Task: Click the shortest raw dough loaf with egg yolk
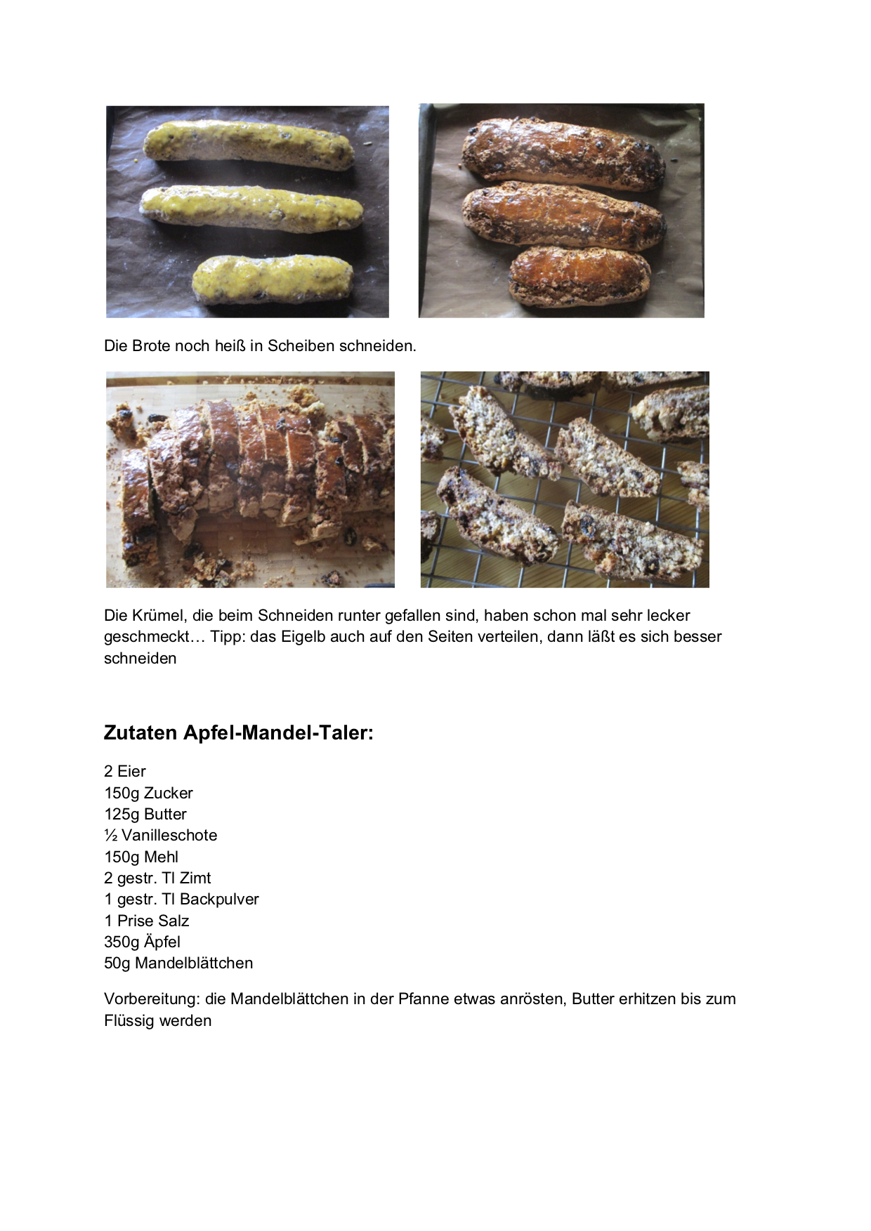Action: click(273, 278)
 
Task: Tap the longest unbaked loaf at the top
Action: click(249, 145)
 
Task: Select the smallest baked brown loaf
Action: click(579, 275)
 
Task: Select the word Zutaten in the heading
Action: click(140, 733)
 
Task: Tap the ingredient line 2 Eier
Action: click(125, 771)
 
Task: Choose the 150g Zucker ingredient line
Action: click(148, 793)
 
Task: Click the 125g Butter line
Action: click(145, 814)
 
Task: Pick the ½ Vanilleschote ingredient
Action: click(161, 835)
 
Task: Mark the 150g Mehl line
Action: click(141, 857)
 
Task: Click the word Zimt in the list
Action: click(195, 878)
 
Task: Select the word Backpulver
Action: click(219, 899)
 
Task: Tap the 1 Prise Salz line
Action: click(146, 921)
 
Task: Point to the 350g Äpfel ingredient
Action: click(143, 942)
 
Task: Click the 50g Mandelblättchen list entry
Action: click(178, 963)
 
